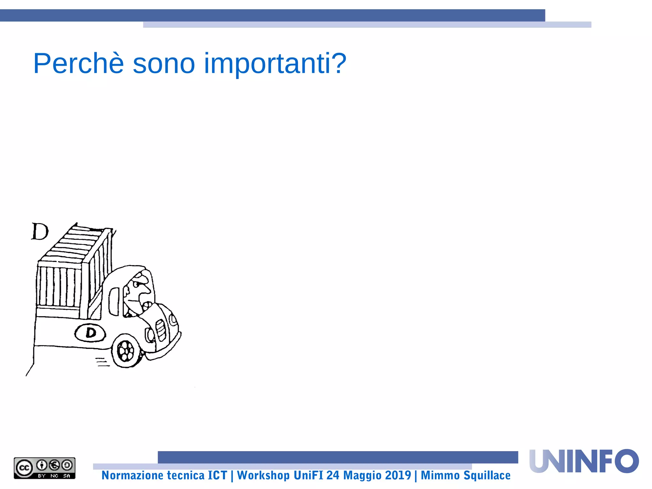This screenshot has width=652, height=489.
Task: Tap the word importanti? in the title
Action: (275, 64)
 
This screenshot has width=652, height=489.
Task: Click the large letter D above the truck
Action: (40, 231)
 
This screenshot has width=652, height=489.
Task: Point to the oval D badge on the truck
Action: (90, 333)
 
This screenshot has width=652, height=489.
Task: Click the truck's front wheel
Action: (126, 351)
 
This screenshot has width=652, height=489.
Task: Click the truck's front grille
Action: (161, 330)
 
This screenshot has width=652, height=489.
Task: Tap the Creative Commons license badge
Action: (45, 468)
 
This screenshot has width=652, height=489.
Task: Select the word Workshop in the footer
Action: (263, 475)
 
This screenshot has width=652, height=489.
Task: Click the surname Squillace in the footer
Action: (487, 475)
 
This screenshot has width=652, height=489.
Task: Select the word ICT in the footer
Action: (217, 475)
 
